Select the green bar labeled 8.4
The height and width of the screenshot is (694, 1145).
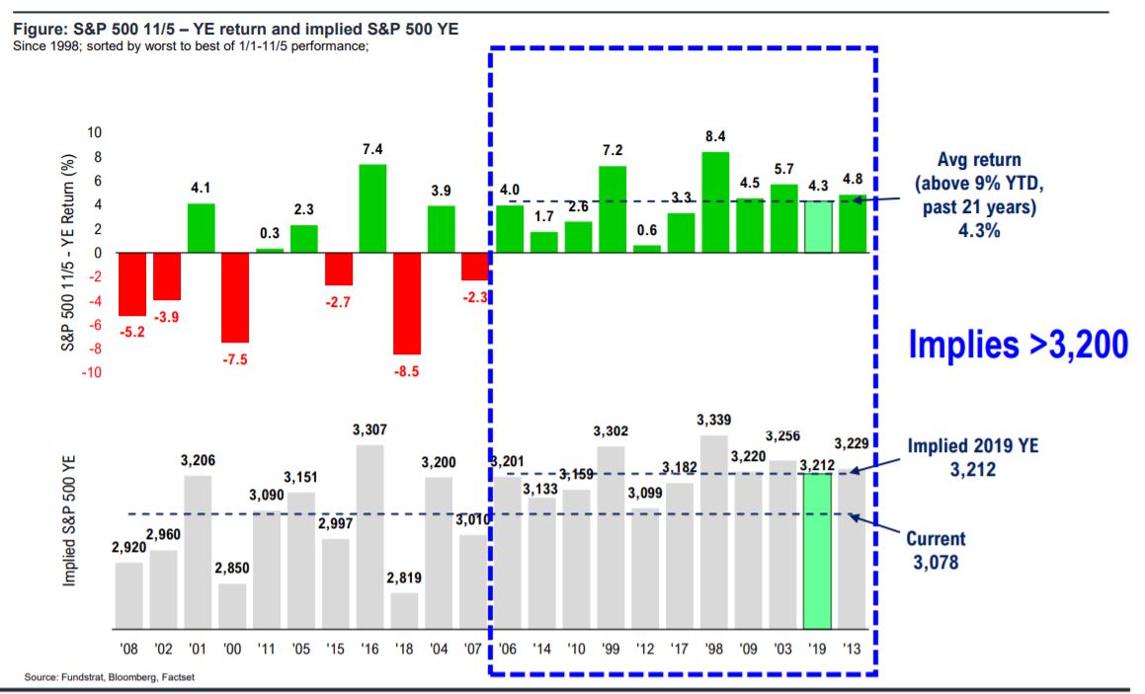[714, 202]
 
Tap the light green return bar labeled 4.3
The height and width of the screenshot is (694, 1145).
[817, 227]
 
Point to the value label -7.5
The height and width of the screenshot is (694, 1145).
[235, 360]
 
